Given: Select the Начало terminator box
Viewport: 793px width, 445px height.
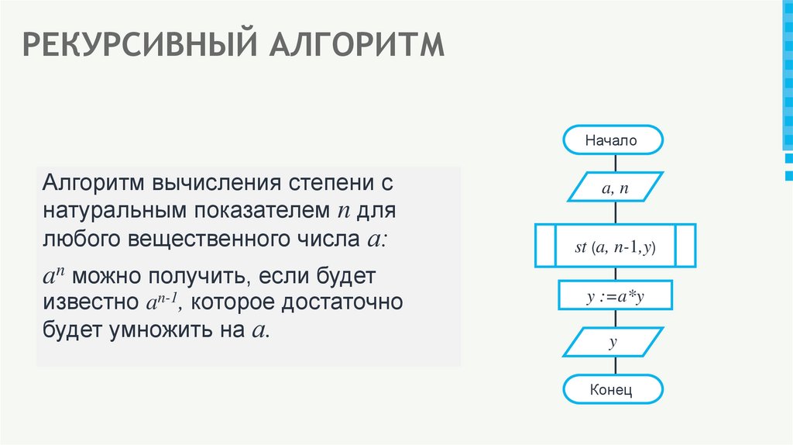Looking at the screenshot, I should (613, 141).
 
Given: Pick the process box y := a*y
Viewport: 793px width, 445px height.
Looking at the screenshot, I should (615, 296).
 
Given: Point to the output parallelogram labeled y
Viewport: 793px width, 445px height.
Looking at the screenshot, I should (613, 342).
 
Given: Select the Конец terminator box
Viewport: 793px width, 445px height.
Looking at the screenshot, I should (613, 390).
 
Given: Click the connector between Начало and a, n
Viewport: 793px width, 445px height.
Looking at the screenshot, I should (615, 164).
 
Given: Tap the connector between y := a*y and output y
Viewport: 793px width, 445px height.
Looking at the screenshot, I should (615, 319).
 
